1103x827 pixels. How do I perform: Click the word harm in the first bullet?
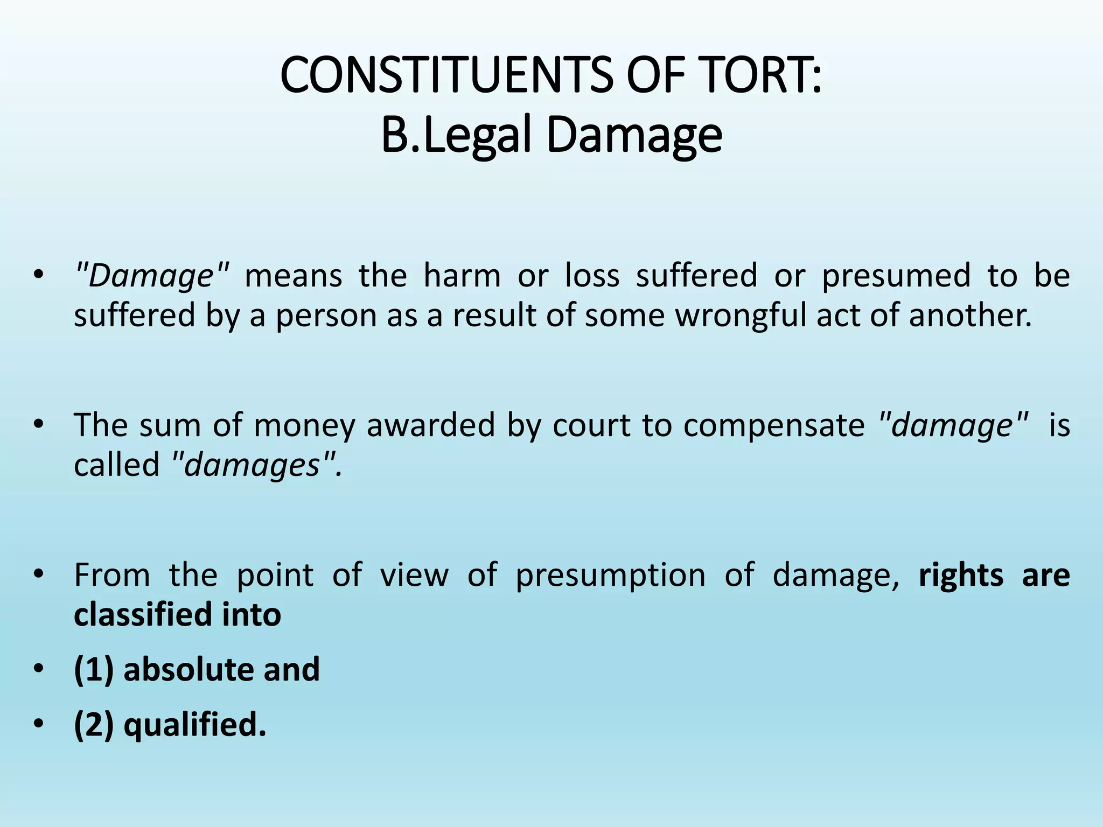(x=462, y=276)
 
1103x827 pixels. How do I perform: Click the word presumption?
(x=610, y=575)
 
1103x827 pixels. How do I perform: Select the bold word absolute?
(x=188, y=670)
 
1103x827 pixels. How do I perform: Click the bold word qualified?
(x=195, y=725)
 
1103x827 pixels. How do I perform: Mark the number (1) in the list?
(x=94, y=670)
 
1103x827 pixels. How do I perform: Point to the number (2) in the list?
(x=94, y=725)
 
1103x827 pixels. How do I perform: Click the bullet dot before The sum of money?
(x=37, y=425)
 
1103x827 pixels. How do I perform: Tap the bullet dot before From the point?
(x=37, y=575)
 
